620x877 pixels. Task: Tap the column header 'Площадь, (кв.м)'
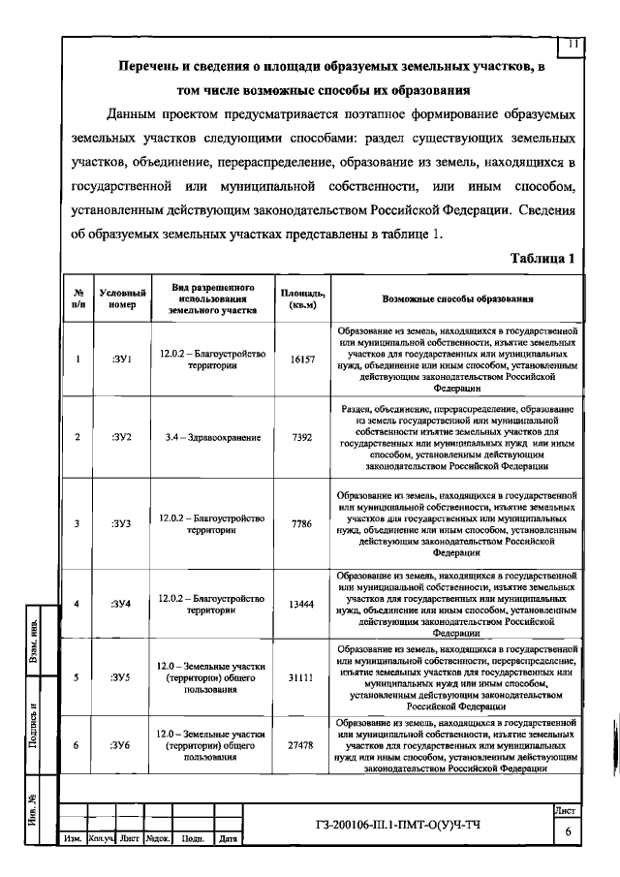pyautogui.click(x=302, y=299)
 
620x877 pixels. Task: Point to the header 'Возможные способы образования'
pyautogui.click(x=458, y=299)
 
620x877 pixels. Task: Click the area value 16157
pyautogui.click(x=302, y=360)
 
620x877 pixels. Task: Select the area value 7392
pyautogui.click(x=302, y=438)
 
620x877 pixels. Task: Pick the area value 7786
pyautogui.click(x=302, y=523)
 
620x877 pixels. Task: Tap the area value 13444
pyautogui.click(x=302, y=603)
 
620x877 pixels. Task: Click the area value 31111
pyautogui.click(x=302, y=677)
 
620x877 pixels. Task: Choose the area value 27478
pyautogui.click(x=302, y=744)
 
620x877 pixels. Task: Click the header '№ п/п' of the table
pyautogui.click(x=77, y=299)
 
